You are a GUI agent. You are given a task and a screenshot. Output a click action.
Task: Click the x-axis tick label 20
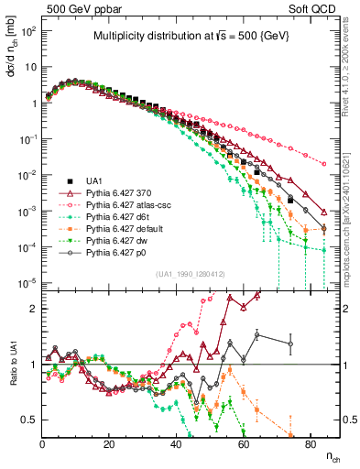109,445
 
